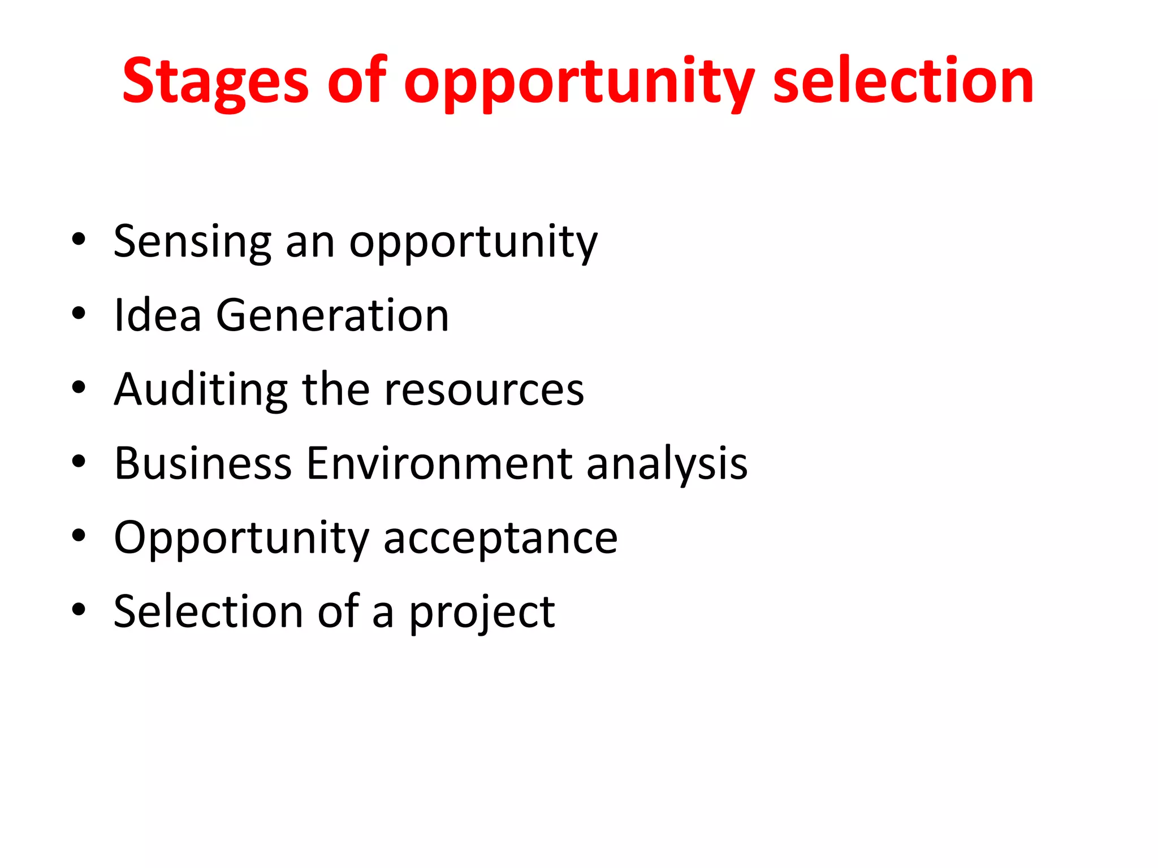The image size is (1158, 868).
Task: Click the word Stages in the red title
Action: [x=215, y=82]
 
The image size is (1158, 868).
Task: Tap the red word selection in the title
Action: [x=903, y=82]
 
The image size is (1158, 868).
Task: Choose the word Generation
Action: [x=332, y=315]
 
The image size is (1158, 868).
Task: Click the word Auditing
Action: [x=201, y=390]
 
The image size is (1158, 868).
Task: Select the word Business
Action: [x=203, y=463]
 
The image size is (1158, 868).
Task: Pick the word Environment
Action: [x=439, y=463]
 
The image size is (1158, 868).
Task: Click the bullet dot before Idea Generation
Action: [x=79, y=313]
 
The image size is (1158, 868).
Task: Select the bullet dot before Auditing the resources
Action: [x=79, y=387]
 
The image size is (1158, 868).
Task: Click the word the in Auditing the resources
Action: [x=336, y=390]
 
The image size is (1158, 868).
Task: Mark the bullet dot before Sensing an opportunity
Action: [x=79, y=239]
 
